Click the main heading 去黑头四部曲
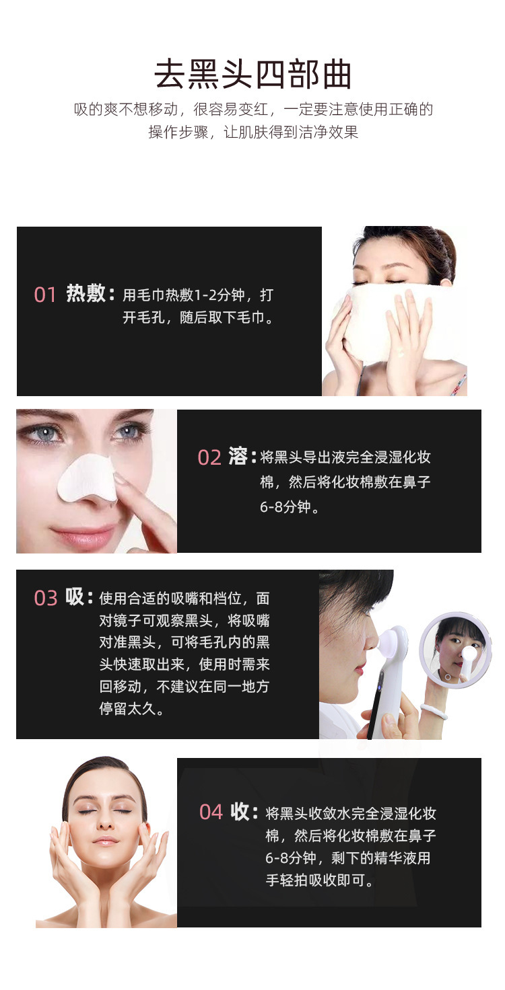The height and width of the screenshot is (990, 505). tap(252, 74)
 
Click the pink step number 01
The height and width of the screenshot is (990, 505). tap(44, 295)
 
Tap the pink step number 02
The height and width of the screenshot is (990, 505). tap(209, 457)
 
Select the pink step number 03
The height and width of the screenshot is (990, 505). tap(46, 598)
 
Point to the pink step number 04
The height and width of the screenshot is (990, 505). tap(211, 812)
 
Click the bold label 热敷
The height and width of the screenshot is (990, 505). tap(86, 293)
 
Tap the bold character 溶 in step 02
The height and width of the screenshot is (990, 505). tap(238, 456)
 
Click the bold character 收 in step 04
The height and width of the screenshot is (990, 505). tap(240, 812)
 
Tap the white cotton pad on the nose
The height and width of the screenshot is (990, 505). tap(88, 480)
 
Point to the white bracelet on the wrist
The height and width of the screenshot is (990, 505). tap(434, 710)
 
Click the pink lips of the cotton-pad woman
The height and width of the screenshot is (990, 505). tap(83, 536)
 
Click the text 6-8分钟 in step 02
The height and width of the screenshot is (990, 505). tap(285, 507)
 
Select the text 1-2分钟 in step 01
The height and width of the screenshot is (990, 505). tap(220, 295)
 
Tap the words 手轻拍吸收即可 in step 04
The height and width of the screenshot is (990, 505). tap(315, 880)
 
